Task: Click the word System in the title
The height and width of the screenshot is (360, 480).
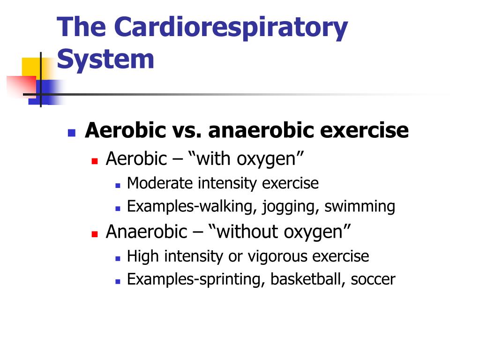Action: tap(105, 60)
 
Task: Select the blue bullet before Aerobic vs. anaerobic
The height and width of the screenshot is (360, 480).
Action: tap(72, 133)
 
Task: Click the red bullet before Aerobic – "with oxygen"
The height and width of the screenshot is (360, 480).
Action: tap(95, 161)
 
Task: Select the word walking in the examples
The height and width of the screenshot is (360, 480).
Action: tap(228, 206)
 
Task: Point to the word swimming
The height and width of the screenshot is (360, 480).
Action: tap(360, 207)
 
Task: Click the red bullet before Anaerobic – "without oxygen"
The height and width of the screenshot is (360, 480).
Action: tap(95, 234)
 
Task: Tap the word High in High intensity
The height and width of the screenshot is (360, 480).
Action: tap(143, 256)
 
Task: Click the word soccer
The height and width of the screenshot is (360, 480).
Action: tap(373, 280)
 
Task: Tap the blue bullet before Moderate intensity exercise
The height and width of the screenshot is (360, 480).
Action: tap(118, 186)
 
